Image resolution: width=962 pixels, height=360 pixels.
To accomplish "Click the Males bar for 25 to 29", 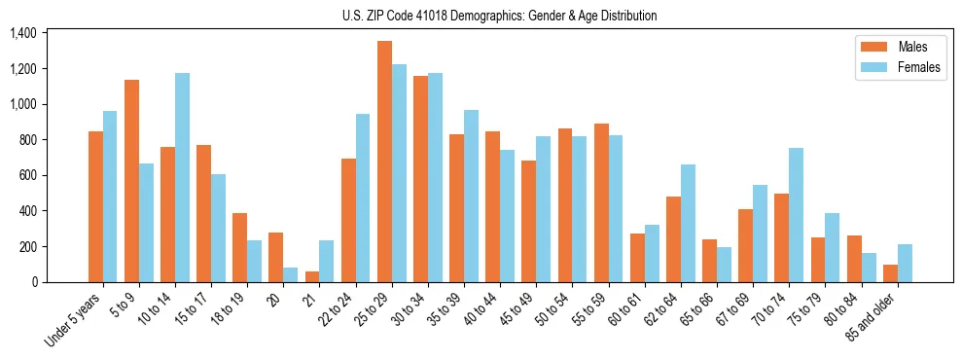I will tap(384, 162).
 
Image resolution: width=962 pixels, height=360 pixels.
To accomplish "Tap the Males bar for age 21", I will tap(312, 276).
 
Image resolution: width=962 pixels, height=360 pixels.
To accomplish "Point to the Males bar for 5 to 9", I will tap(131, 181).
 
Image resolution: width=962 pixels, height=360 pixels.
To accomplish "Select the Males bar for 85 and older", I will tap(890, 273).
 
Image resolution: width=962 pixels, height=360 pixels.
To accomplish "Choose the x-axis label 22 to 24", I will tap(338, 309).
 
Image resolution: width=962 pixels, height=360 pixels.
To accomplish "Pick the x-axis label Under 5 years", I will tap(74, 317).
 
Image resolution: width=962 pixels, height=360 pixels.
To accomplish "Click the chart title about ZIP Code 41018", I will tap(499, 16).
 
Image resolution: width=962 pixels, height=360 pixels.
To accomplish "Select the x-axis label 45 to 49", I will tap(518, 309).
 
